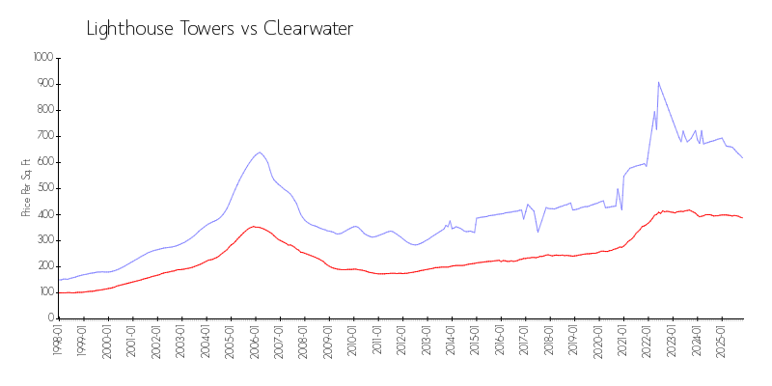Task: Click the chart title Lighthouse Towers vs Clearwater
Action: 220,29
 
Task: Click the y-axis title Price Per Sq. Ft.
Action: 26,187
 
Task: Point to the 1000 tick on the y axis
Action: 43,58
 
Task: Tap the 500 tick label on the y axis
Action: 45,188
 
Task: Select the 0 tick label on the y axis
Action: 52,317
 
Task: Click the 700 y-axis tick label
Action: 45,136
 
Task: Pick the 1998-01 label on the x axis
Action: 58,342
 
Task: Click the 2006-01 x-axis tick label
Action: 255,342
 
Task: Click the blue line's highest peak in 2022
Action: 658,82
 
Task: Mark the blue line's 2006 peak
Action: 260,152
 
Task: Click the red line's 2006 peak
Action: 254,227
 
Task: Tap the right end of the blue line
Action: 742,157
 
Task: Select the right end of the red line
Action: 742,218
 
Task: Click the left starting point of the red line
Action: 59,292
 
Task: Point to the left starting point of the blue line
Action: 59,280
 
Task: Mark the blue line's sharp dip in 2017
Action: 538,232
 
